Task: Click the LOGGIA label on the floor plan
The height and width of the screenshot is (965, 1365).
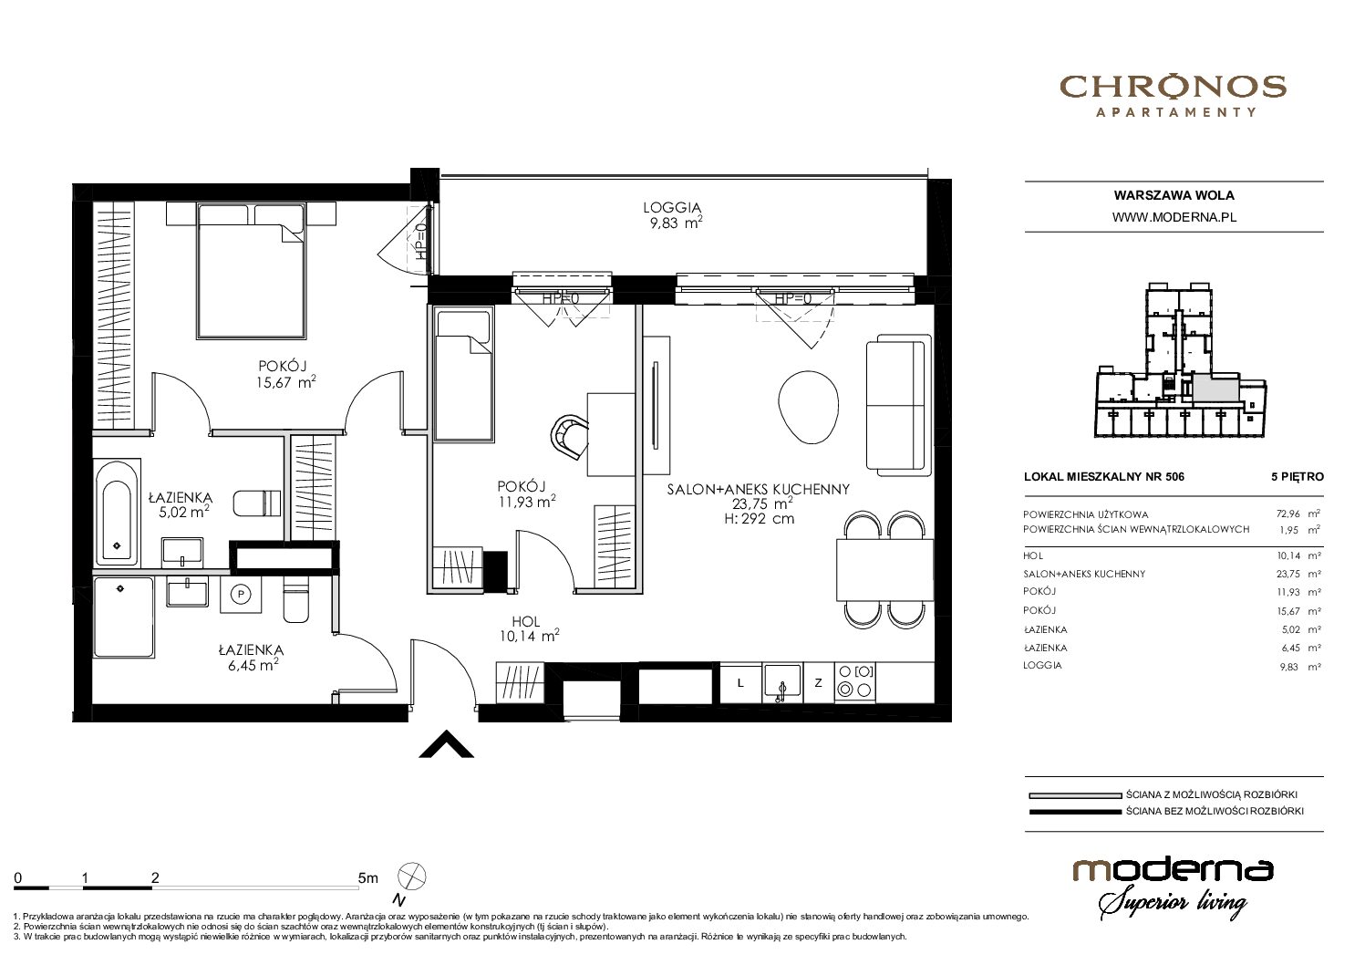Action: pyautogui.click(x=672, y=208)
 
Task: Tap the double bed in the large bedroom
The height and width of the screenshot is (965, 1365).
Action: pyautogui.click(x=251, y=271)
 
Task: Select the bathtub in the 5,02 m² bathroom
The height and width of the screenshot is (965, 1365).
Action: pyautogui.click(x=117, y=513)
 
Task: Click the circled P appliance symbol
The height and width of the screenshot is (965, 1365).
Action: pyautogui.click(x=242, y=594)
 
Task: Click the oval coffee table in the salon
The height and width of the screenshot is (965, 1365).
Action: pyautogui.click(x=808, y=407)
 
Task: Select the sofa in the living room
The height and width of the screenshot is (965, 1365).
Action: pyautogui.click(x=899, y=405)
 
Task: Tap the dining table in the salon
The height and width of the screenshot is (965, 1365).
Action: pyautogui.click(x=884, y=570)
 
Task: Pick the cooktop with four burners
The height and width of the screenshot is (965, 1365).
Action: pyautogui.click(x=855, y=681)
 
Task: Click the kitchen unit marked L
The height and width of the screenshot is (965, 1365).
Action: pyautogui.click(x=740, y=683)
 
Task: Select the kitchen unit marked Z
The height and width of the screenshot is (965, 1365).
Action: pyautogui.click(x=819, y=683)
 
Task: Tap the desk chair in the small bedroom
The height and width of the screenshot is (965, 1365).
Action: pyautogui.click(x=569, y=437)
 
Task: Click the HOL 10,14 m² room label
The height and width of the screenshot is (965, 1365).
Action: pyautogui.click(x=528, y=629)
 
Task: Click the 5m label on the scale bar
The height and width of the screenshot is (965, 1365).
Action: pyautogui.click(x=367, y=877)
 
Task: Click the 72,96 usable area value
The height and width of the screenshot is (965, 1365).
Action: pyautogui.click(x=1288, y=514)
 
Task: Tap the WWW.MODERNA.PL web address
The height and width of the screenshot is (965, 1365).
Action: pyautogui.click(x=1174, y=217)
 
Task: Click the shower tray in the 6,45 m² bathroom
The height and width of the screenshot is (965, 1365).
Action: pyautogui.click(x=125, y=617)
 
